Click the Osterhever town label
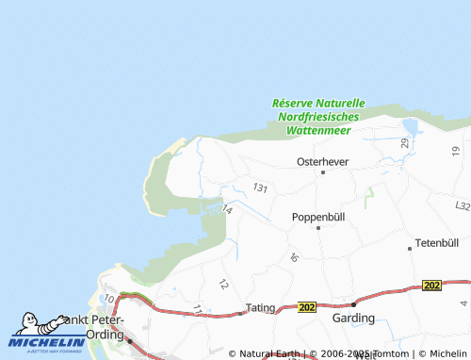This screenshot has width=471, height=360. click(322, 161)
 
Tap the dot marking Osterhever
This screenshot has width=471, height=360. click(322, 172)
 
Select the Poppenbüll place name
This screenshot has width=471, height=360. click(317, 216)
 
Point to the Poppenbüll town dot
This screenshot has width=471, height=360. click(318, 227)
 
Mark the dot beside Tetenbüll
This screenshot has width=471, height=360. click(410, 248)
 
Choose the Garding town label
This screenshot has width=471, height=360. click(353, 319)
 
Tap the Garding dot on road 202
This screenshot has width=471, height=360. click(353, 304)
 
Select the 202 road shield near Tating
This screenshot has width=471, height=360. click(307, 307)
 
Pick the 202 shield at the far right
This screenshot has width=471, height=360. click(432, 285)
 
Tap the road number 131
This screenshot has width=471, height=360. click(260, 188)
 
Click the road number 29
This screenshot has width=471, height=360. click(404, 142)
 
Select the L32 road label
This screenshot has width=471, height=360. click(462, 205)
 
